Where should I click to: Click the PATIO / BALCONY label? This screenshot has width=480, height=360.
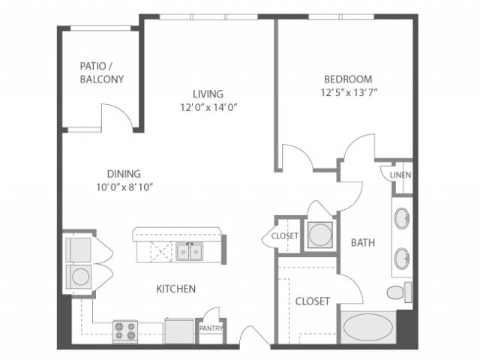tap(101, 72)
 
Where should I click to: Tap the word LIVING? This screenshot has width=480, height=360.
tap(208, 94)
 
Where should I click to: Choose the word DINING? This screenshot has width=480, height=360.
tap(123, 173)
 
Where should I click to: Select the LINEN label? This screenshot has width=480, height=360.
tap(400, 175)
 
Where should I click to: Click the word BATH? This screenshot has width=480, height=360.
tap(363, 242)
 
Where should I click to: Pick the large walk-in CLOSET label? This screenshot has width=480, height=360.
tap(312, 301)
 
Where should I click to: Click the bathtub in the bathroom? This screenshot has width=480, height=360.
tap(367, 328)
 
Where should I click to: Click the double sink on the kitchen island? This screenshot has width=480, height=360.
tap(189, 252)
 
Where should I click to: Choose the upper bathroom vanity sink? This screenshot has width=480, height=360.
tap(402, 219)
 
